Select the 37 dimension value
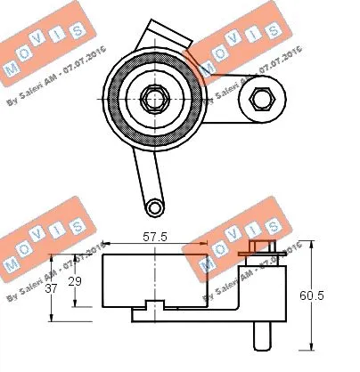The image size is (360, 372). (52, 287)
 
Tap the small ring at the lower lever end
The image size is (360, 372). (155, 206)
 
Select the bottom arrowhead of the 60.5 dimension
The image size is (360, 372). (312, 344)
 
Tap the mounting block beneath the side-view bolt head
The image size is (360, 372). (266, 285)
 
